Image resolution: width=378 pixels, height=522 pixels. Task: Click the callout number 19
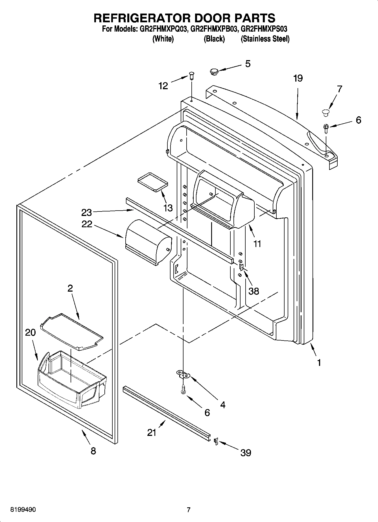[298, 78]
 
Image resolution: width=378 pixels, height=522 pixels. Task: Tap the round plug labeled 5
[215, 71]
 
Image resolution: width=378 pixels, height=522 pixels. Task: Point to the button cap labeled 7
[325, 112]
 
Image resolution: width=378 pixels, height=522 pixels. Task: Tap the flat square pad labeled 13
[152, 182]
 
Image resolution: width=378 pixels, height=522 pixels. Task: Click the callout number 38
[254, 291]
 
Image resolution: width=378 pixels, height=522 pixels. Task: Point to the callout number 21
[152, 432]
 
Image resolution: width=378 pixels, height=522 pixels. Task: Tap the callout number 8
[93, 451]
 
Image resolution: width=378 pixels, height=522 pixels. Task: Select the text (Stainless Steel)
[265, 39]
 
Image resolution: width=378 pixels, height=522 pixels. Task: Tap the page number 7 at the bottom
[189, 510]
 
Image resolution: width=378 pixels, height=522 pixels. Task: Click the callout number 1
[319, 362]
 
